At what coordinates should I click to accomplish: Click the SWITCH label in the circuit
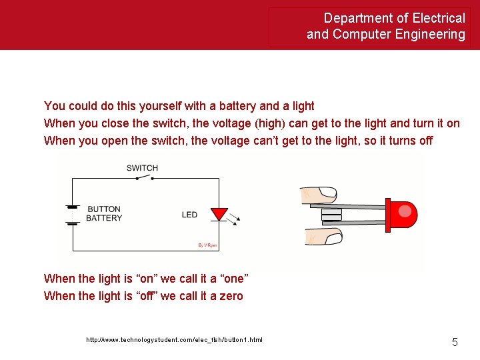pos(142,167)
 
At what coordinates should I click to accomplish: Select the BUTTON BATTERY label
pos(104,213)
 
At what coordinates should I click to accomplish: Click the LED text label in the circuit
pos(190,215)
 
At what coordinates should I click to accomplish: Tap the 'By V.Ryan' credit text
pos(207,245)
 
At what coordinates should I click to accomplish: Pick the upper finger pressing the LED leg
pos(320,194)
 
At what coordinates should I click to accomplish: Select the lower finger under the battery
pos(322,235)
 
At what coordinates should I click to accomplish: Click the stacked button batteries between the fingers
pos(331,215)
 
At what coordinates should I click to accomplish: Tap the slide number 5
pos(455,342)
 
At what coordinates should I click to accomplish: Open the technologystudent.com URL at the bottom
pos(174,340)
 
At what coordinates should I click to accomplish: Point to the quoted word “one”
pos(231,278)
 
